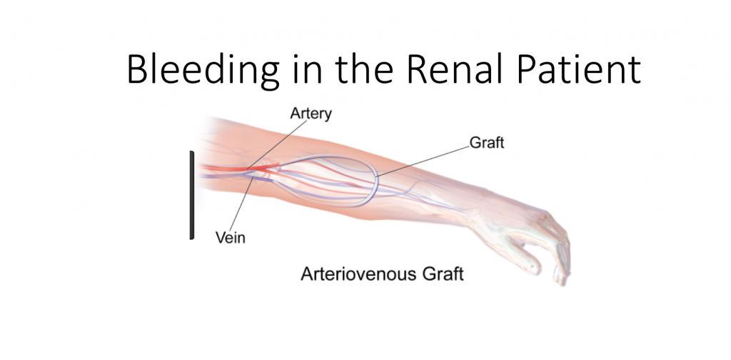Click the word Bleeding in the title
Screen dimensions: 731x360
pos(203,69)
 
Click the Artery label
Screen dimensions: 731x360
pos(311,114)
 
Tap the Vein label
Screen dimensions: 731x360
pos(231,237)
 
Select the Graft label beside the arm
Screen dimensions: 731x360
pos(487,143)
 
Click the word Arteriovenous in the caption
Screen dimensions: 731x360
pos(358,274)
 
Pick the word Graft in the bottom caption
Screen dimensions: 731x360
pos(443,274)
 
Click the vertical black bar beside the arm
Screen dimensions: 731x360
pos(191,195)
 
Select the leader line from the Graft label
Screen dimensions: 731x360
pos(423,161)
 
